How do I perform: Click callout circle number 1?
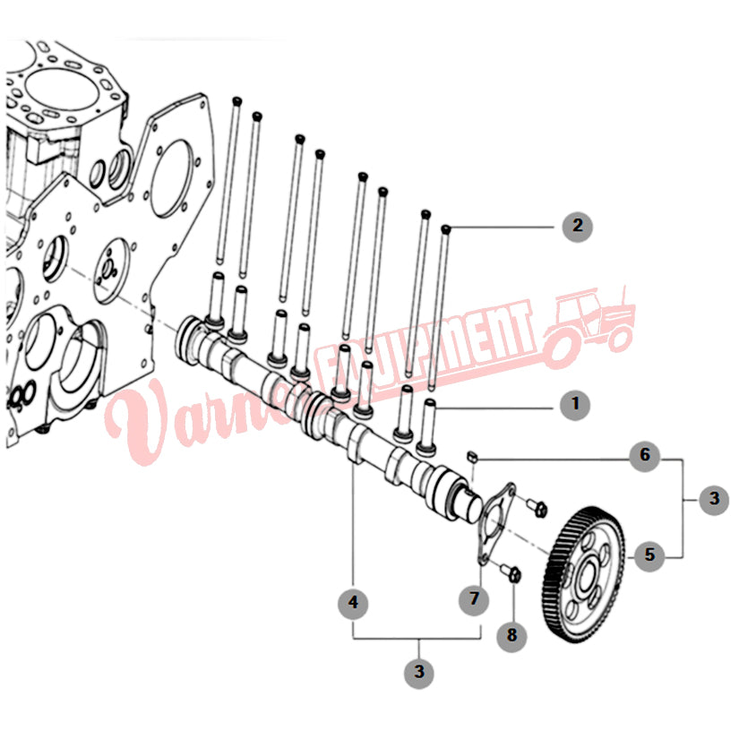575,404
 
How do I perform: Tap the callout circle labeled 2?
578,227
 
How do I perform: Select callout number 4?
354,603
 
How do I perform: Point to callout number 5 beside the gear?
649,555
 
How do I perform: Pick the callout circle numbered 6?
645,456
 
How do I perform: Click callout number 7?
474,599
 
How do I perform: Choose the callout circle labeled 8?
511,636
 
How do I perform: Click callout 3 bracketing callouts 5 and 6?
714,499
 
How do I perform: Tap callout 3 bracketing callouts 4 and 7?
419,673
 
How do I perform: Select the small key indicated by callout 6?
472,456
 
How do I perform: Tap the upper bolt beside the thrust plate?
537,508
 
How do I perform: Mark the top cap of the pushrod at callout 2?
446,229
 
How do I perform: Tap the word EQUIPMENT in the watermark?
425,348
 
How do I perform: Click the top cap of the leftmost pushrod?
237,101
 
